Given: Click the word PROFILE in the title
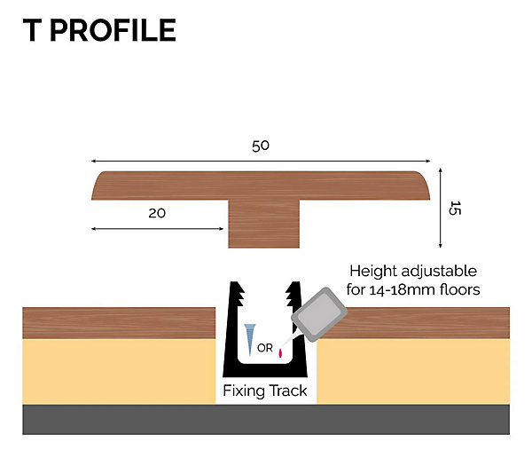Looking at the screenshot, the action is point(113,30).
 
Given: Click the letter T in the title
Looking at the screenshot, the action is point(32,30).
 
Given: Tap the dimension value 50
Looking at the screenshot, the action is point(261,146).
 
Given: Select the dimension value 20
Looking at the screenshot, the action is point(157,213).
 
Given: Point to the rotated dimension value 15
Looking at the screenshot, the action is point(454,209).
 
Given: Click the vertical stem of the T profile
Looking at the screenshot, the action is point(263,224).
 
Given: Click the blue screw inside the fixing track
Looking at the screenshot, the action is point(250,339).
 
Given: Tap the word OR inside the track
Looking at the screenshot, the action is point(265,348).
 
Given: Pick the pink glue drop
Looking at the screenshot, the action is point(280,353).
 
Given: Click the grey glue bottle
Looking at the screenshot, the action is point(319,314).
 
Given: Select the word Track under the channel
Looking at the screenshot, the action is point(288,391).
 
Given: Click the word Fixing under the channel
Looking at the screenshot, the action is point(244,391).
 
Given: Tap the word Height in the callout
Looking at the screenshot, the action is point(373,272).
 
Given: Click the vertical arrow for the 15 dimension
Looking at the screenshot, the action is point(441,208).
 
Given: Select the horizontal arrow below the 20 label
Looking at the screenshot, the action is point(158,229).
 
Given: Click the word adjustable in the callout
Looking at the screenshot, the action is point(439,272).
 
